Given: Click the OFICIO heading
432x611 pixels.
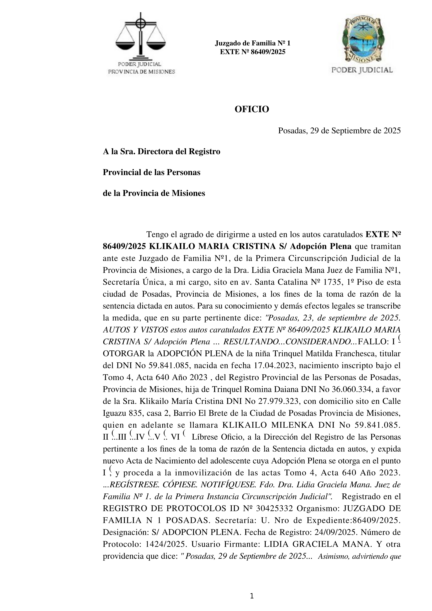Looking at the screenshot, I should (x=252, y=109).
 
